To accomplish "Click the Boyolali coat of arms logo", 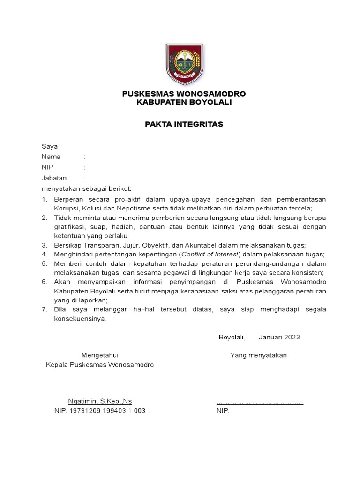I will (184, 62).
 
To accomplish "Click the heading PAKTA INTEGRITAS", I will (184, 124).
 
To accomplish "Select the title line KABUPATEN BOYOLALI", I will (184, 102).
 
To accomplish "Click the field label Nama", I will (51, 157).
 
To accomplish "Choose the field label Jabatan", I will (54, 178).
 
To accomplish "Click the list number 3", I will (45, 245).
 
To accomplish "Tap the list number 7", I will (45, 310).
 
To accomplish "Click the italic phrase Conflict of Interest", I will (210, 255).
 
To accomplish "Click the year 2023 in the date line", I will (291, 337).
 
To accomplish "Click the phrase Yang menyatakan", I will (258, 355).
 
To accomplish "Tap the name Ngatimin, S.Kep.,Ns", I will (100, 401).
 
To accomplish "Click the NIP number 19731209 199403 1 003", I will (107, 411).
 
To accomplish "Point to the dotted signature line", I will (260, 402).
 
